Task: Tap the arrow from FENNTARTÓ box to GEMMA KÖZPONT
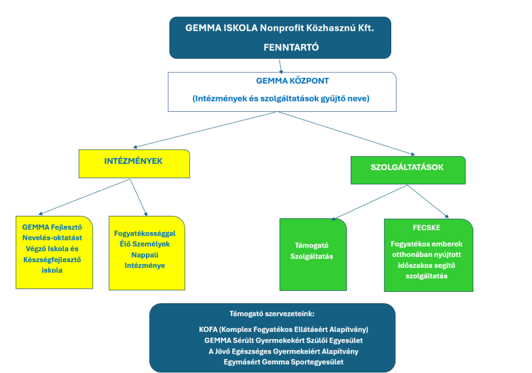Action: pyautogui.click(x=281, y=65)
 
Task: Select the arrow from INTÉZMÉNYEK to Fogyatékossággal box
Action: pyautogui.click(x=138, y=197)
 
